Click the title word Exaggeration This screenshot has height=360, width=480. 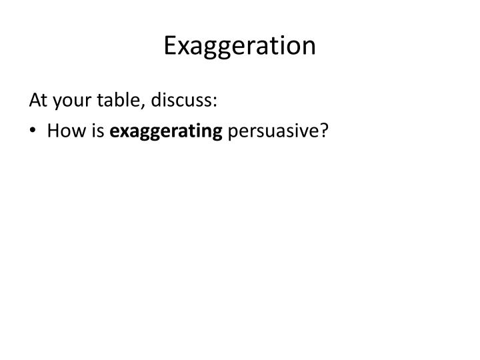[x=239, y=46]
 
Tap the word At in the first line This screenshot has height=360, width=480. [x=37, y=100]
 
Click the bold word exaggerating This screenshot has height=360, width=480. [x=166, y=131]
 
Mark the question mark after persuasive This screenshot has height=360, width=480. [x=325, y=129]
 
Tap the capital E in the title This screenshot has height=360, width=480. [x=170, y=45]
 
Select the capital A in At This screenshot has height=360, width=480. [x=34, y=100]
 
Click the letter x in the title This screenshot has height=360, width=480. [x=183, y=48]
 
